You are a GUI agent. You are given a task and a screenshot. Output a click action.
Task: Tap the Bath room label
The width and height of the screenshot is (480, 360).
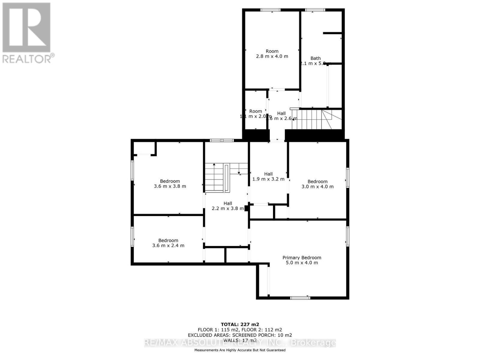[315, 58]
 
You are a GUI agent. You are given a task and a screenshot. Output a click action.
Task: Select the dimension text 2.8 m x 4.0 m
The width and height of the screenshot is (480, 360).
[272, 56]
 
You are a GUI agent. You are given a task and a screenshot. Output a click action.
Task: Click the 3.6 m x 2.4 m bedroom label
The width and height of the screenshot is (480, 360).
[168, 243]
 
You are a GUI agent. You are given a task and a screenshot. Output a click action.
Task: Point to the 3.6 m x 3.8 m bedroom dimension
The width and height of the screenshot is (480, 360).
[170, 186]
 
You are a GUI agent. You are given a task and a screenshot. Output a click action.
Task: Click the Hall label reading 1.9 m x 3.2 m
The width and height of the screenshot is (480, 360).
[268, 176]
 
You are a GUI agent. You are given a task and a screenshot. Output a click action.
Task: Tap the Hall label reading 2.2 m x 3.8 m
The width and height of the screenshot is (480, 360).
[228, 206]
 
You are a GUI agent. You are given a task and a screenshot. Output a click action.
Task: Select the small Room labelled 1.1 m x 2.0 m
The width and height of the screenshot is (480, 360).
[256, 114]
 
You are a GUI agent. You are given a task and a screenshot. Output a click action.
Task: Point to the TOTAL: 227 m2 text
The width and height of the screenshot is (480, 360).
[240, 324]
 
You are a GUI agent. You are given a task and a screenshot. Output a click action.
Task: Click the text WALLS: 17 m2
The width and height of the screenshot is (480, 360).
[240, 340]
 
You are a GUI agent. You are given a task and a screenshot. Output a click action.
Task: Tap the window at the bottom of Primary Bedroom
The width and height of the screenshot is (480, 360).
[300, 298]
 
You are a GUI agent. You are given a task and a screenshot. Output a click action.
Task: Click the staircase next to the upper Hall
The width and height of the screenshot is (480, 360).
[312, 119]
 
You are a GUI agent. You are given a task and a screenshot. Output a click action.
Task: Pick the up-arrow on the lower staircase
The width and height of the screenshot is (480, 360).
[214, 165]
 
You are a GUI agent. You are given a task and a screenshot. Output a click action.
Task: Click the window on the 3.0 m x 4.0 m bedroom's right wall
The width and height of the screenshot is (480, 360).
[348, 178]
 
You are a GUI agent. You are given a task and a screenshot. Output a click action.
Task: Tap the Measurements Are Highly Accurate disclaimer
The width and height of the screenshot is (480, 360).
[240, 350]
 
